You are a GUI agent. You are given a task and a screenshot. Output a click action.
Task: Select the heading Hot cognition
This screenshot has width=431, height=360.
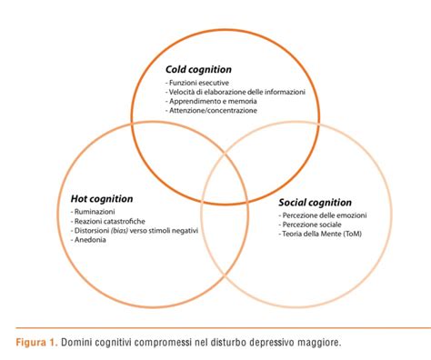102,198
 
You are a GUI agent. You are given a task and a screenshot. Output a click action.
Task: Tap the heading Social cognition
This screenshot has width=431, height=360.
316,202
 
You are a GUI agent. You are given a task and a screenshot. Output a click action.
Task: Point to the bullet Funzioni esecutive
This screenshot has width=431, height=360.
197,82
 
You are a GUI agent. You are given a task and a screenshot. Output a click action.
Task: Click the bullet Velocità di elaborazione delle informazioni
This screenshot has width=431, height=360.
236,92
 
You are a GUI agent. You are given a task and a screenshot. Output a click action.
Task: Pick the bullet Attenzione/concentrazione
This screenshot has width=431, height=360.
211,111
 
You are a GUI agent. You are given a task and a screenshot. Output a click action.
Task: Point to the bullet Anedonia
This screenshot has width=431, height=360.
90,240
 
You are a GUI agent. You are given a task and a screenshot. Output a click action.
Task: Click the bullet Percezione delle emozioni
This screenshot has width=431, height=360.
322,215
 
